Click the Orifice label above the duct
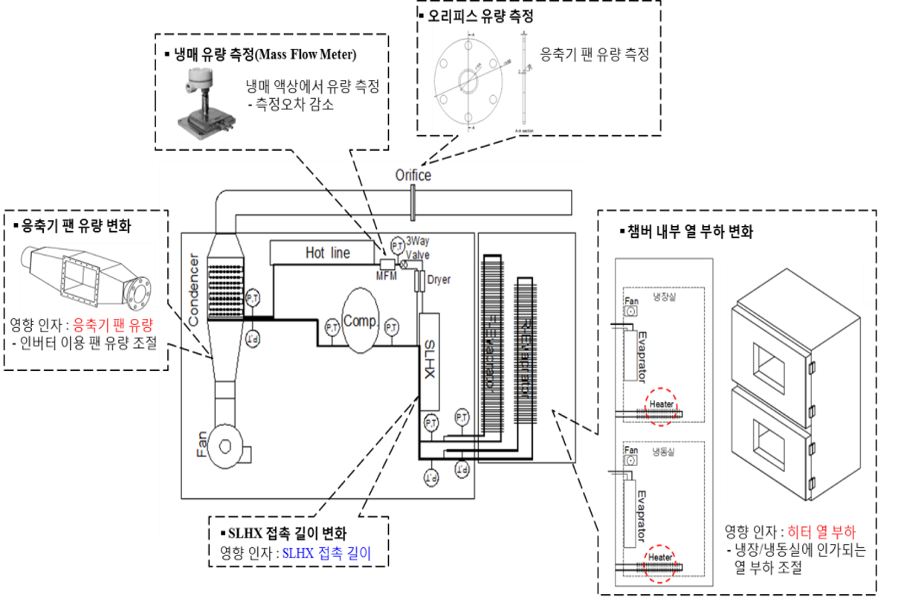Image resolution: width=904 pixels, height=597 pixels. [x=413, y=175]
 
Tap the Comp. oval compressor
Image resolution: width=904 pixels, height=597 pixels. [x=361, y=323]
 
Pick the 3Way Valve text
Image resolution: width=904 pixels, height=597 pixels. [x=417, y=247]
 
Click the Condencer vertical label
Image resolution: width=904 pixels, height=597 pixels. [x=193, y=290]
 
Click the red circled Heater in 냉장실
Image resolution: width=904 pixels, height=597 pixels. [x=661, y=405]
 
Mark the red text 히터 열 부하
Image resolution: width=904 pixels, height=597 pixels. [x=821, y=532]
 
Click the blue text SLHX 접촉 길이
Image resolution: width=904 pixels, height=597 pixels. [x=326, y=553]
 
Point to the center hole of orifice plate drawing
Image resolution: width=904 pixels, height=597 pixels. [x=468, y=79]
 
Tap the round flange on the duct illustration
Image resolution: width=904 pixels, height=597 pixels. [x=137, y=288]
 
